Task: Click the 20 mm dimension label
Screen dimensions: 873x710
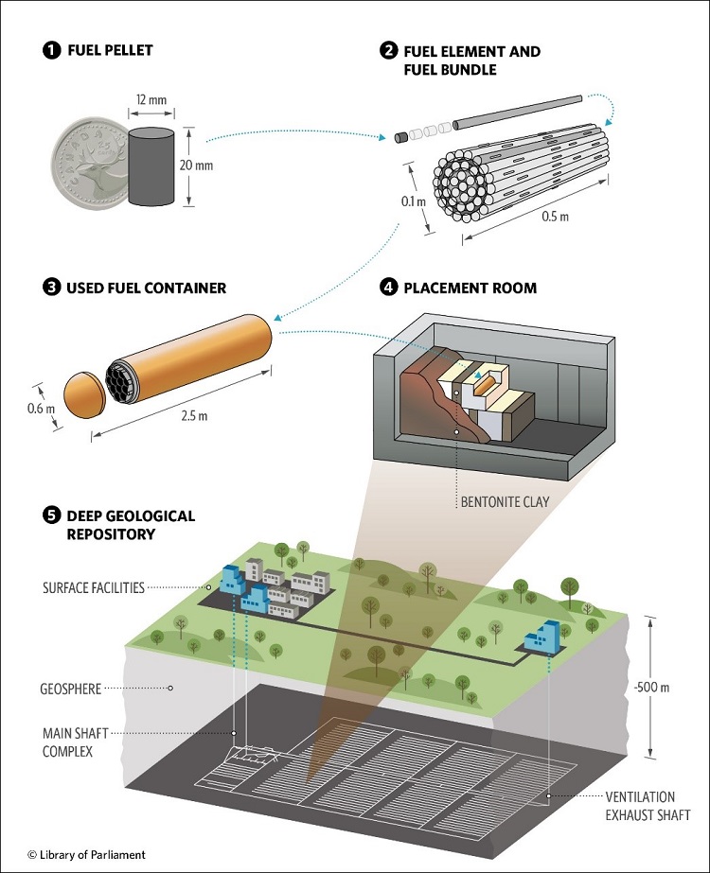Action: (x=222, y=166)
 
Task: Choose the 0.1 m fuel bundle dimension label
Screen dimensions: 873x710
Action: (x=409, y=202)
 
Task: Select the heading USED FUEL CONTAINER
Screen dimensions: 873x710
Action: (x=146, y=288)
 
